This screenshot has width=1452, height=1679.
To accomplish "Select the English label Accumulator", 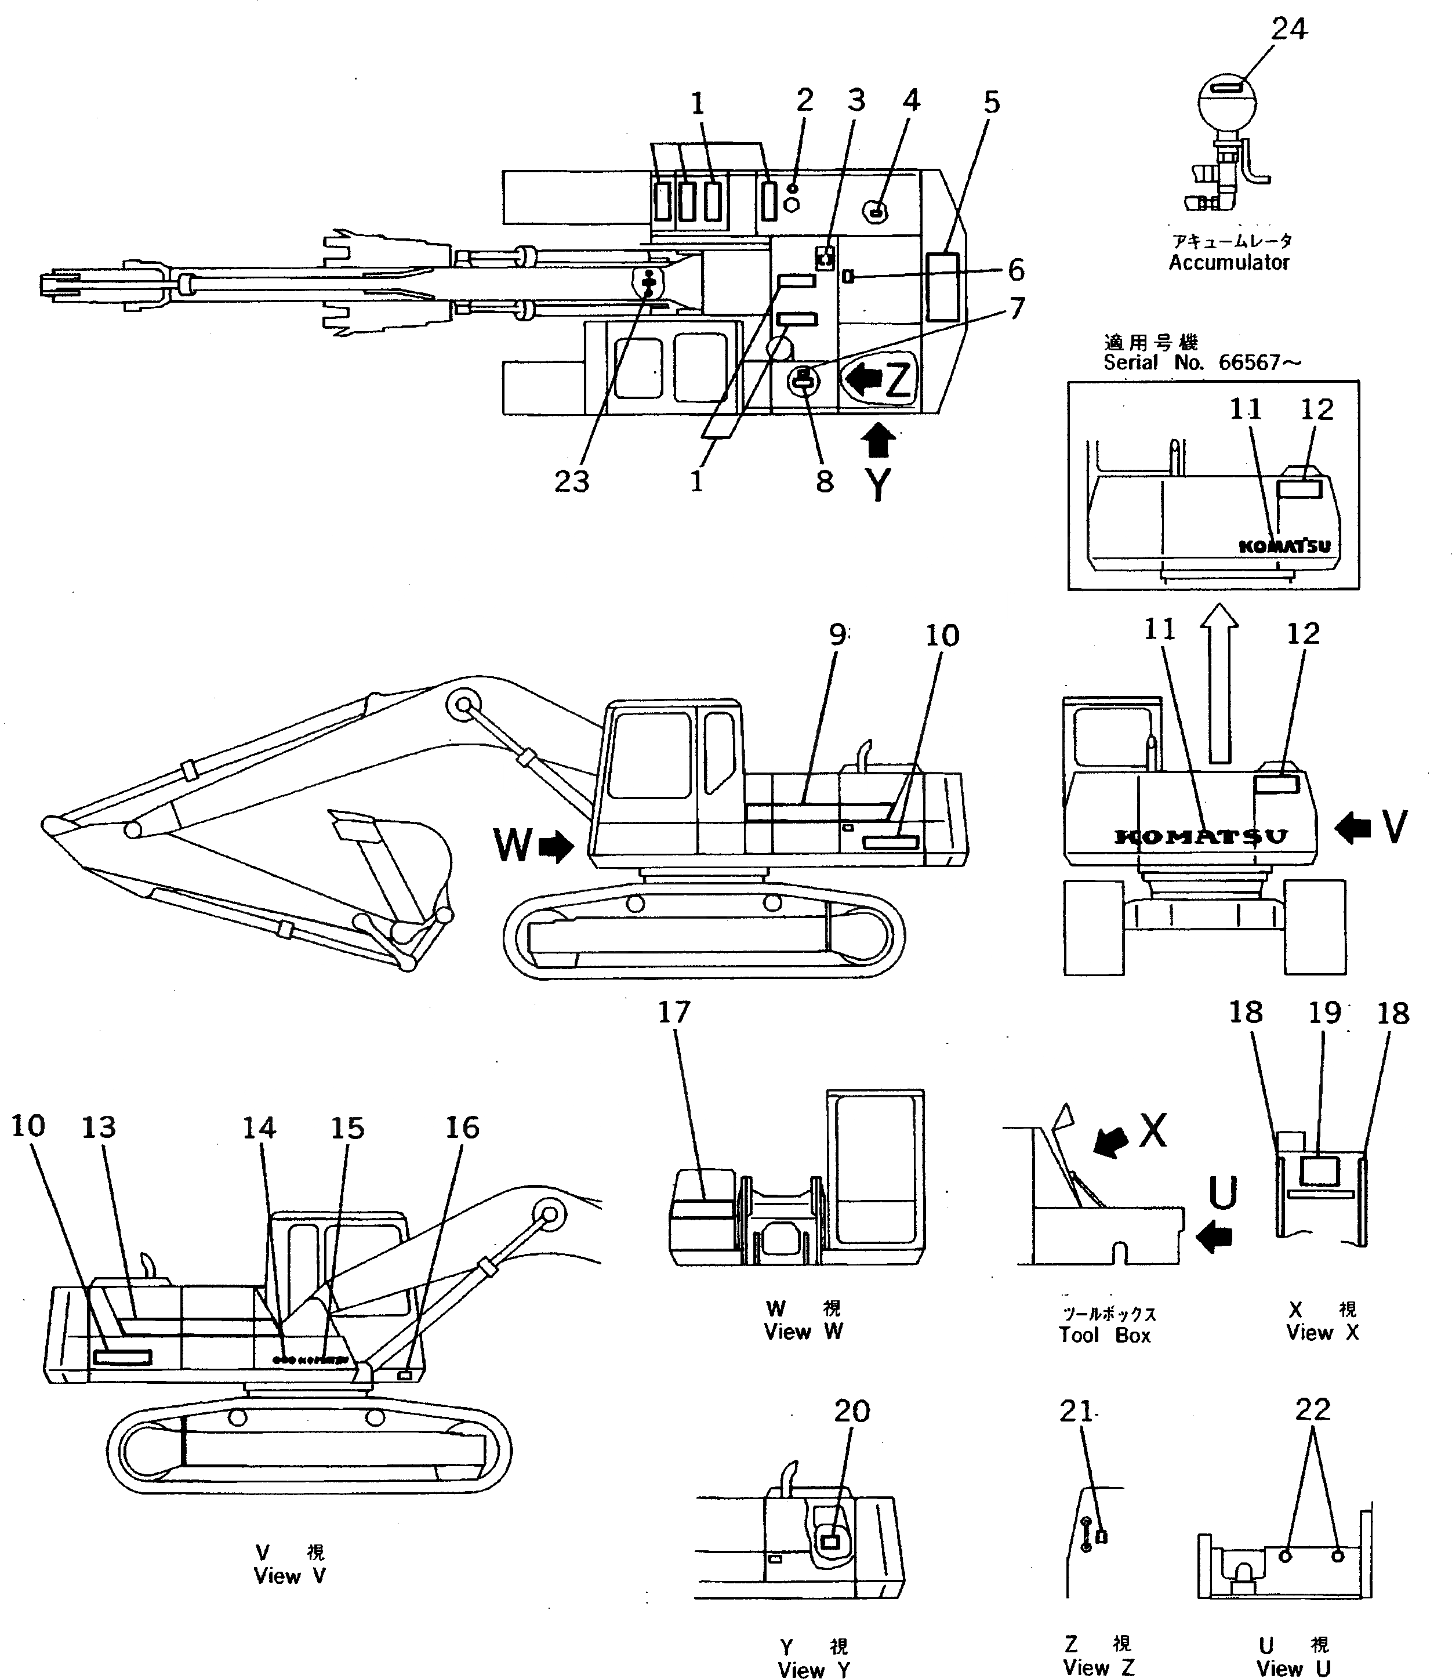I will [1228, 263].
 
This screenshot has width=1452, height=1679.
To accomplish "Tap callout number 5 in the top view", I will [992, 103].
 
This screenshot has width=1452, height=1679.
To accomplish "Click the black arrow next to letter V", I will [1352, 828].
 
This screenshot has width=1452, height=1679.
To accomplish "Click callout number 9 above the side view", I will [838, 634].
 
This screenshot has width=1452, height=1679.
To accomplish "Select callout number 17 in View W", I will [673, 1013].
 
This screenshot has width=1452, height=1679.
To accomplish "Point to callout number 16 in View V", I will [462, 1128].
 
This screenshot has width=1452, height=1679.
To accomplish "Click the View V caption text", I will [289, 1576].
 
